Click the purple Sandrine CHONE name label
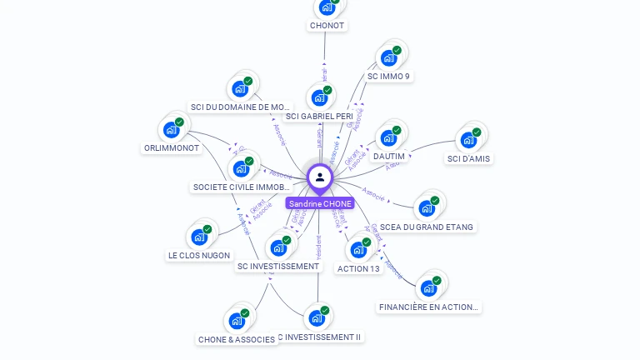[x=320, y=203]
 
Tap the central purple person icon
[x=320, y=177]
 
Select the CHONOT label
[x=327, y=26]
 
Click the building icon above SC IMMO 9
[x=388, y=57]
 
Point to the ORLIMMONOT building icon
[x=172, y=129]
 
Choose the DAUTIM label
[x=389, y=157]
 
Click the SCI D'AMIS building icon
[x=468, y=139]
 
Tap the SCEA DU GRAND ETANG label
[x=426, y=227]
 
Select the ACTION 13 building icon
[x=358, y=249]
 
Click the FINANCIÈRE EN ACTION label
[x=429, y=307]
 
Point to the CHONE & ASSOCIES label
[x=237, y=339]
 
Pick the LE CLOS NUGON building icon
[x=199, y=237]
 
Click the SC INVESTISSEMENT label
[x=278, y=267]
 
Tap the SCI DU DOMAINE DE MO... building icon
[x=240, y=88]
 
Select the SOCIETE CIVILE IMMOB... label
[x=241, y=187]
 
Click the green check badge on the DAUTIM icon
[x=397, y=130]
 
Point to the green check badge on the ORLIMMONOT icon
[x=179, y=122]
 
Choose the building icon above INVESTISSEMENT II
[x=317, y=317]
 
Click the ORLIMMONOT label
[x=172, y=148]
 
